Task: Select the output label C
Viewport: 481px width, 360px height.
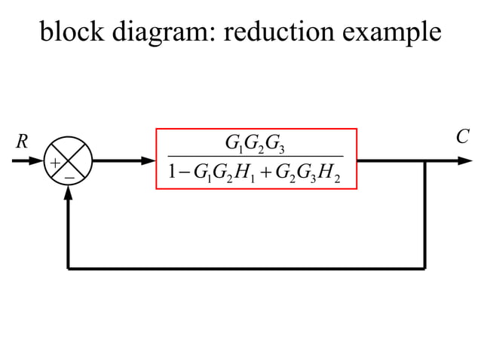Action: coord(462,138)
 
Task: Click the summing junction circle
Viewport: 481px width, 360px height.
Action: coord(69,160)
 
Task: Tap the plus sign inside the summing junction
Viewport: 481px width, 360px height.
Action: coord(55,162)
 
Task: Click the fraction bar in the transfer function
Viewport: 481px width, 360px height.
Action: coord(255,157)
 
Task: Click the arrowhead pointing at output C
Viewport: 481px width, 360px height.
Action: coord(465,160)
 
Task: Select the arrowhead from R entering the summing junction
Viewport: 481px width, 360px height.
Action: coord(39,160)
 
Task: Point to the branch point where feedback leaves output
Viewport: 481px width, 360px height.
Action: coord(425,160)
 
